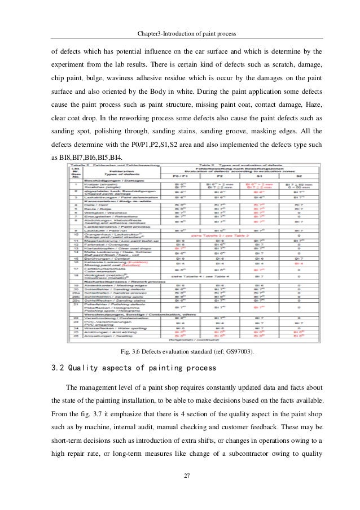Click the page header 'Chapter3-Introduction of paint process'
tap(180, 33)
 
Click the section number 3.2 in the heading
tap(59, 368)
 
